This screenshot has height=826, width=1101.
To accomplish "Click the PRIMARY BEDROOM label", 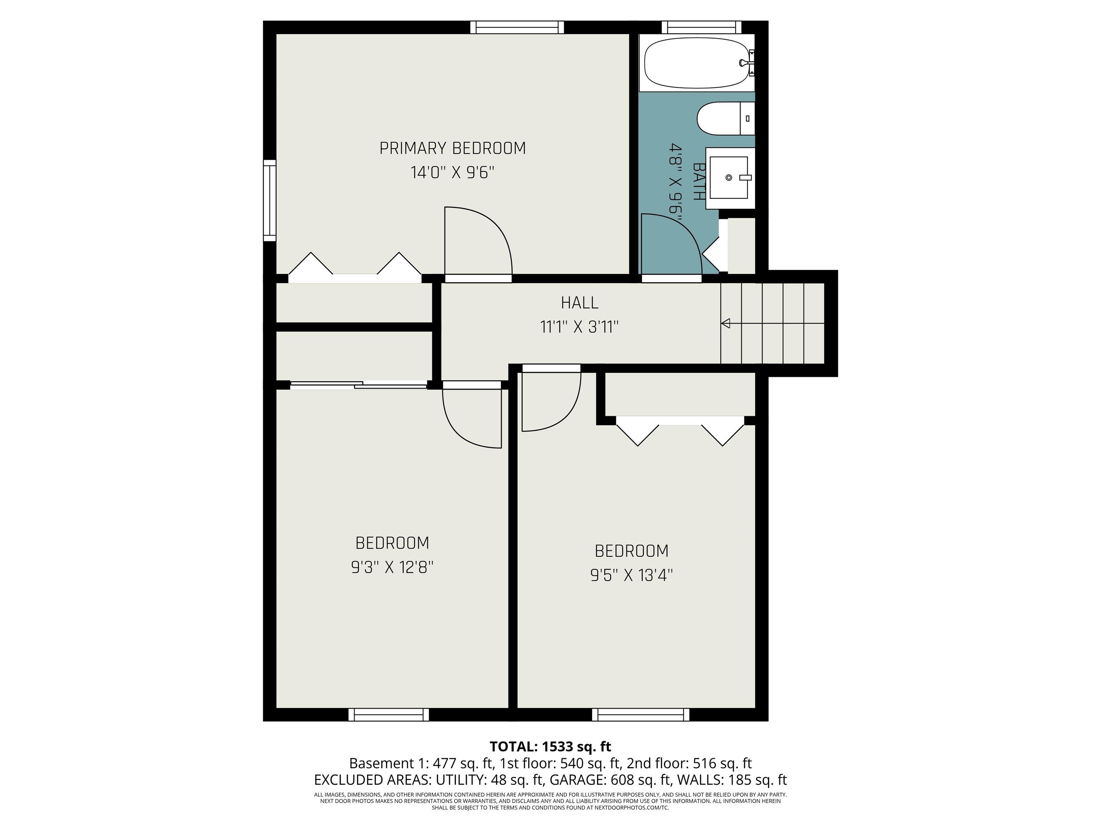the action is click(x=452, y=148).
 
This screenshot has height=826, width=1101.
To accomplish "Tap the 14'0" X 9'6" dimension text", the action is click(x=452, y=173).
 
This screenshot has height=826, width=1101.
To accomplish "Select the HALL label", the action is click(x=580, y=303).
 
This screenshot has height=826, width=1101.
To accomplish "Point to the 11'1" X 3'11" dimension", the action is click(x=580, y=327).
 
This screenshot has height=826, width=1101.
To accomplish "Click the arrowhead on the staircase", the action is click(x=726, y=324).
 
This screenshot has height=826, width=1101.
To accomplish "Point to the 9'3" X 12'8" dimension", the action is click(x=392, y=567).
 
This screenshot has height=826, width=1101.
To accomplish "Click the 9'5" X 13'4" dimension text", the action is click(x=631, y=575).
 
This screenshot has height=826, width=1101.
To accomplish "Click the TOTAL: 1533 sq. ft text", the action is click(x=550, y=746).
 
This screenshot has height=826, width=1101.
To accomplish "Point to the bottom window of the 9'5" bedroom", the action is click(x=641, y=715).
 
